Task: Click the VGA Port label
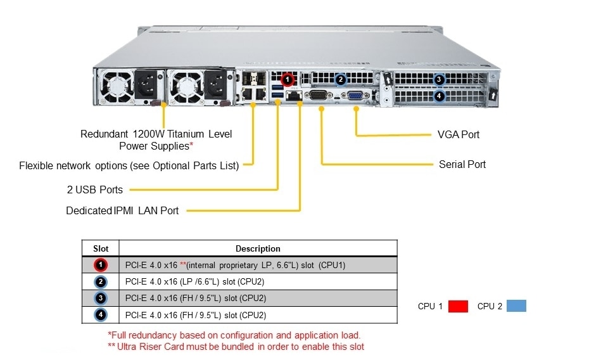pos(459,134)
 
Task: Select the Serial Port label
pos(462,164)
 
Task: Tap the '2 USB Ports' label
pos(95,190)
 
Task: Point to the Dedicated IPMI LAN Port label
pos(122,210)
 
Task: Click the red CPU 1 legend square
pos(458,307)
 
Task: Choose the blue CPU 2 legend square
pos(516,307)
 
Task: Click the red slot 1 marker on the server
pos(288,80)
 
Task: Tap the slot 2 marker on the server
pos(341,80)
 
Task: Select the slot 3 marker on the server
pos(440,80)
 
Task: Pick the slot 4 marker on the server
pos(440,96)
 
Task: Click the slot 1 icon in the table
pos(101,265)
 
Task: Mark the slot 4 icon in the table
pos(101,314)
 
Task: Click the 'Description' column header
pos(258,248)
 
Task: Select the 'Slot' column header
pos(101,248)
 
